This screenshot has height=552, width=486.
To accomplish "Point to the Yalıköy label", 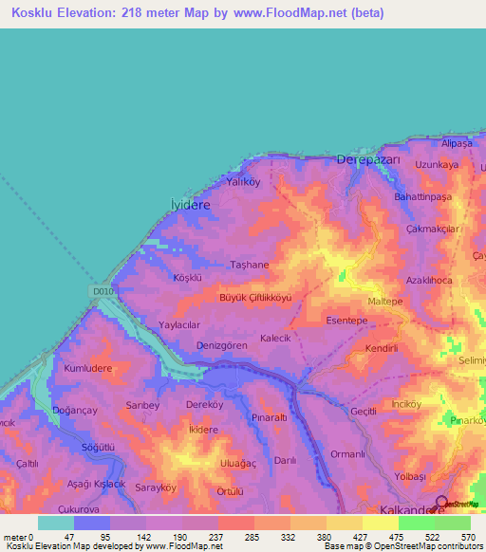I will point(242,181).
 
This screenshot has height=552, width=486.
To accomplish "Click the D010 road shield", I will point(104,291).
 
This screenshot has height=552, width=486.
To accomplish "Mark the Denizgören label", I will point(222,345).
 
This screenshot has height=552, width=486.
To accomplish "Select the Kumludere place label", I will point(87,367).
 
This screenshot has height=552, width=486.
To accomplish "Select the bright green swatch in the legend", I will point(416,523).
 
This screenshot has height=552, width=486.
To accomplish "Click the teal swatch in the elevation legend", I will point(56,523).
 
